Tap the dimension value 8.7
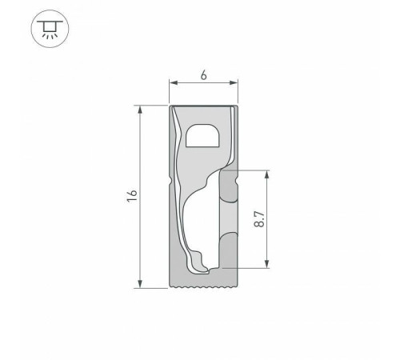(x=258, y=218)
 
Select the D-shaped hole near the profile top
(x=202, y=136)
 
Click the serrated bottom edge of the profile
(x=204, y=286)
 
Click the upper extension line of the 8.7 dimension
(x=252, y=170)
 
